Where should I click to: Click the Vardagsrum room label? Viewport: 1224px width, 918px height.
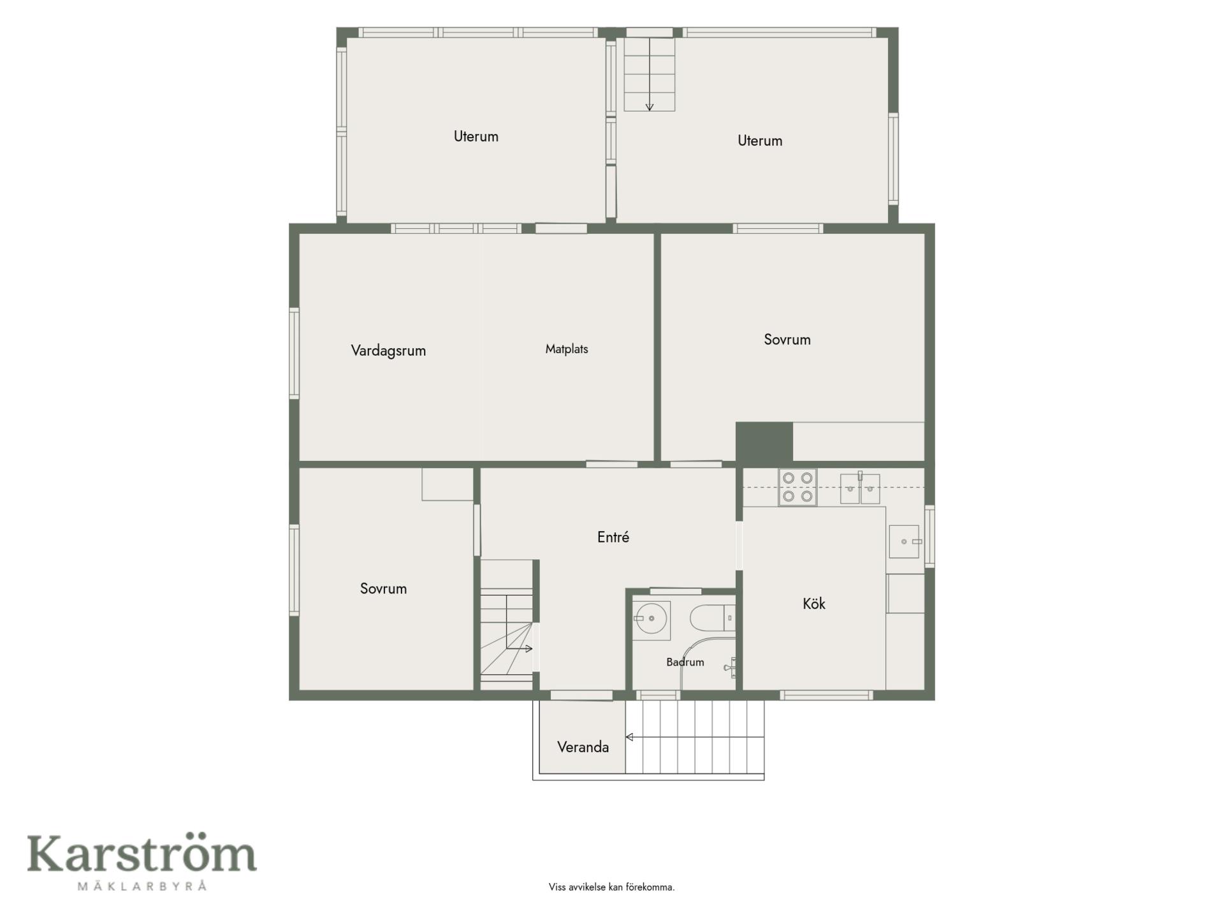pos(388,351)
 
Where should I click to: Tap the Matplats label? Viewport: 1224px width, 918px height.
pos(567,349)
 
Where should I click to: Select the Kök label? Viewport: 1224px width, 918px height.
pos(814,603)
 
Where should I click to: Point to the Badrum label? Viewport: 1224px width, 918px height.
pos(685,662)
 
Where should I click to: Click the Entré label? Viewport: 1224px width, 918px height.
pos(613,537)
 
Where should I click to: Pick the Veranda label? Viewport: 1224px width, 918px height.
pos(583,747)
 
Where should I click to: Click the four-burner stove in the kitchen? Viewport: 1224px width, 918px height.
pos(798,487)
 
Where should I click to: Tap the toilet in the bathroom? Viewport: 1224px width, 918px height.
pos(712,618)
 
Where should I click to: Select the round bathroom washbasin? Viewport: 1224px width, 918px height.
pos(651,618)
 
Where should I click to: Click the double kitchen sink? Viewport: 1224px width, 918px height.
pos(860,488)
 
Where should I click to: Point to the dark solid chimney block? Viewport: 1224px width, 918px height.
pos(764,441)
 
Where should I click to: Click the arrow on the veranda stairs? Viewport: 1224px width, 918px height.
pos(694,737)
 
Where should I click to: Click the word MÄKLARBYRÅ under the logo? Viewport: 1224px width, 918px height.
pos(142,885)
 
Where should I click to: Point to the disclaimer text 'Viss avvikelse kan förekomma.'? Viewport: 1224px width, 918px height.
pos(611,887)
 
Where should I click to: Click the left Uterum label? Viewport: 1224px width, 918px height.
pos(476,136)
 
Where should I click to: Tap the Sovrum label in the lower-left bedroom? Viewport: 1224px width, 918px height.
pos(383,588)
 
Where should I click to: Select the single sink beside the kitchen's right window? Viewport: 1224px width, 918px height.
pos(904,541)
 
